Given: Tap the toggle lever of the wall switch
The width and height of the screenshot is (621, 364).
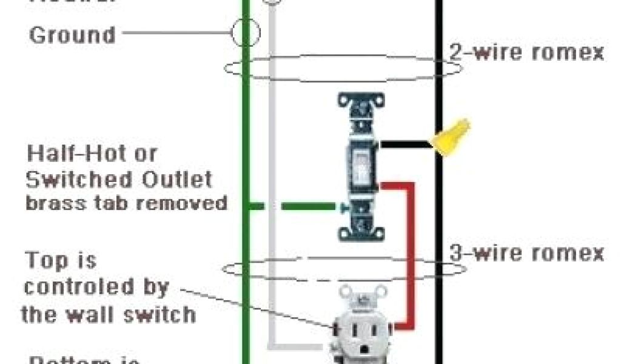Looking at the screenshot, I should click(360, 163).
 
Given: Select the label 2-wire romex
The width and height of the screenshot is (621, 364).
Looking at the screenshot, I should click(526, 52).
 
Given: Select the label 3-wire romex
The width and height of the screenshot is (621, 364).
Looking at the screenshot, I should click(526, 252).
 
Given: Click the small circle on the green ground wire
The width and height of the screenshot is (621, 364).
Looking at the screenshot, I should click(245, 32).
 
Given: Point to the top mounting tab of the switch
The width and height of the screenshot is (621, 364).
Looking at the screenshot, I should click(361, 101).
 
